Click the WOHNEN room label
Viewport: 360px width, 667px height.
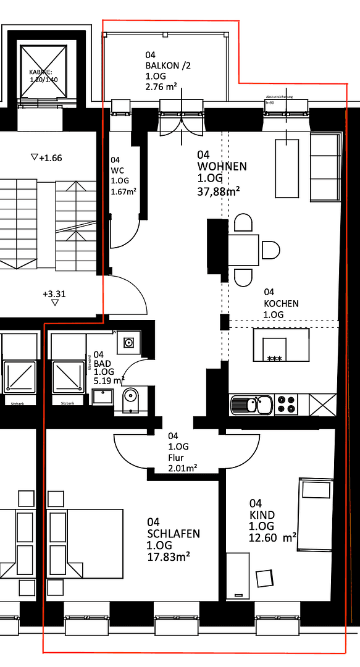point(222,166)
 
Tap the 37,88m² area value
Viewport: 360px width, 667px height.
point(219,191)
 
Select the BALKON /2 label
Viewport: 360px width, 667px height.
point(165,65)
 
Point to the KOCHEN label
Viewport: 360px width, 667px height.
point(281,303)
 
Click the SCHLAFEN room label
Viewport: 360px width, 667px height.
point(173,534)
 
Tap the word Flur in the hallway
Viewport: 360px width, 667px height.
point(176,458)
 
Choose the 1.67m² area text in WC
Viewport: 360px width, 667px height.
point(123,191)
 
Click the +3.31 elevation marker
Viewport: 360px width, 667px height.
point(54,294)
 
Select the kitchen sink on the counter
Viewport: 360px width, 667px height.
point(251,405)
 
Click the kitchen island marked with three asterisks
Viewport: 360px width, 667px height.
point(281,346)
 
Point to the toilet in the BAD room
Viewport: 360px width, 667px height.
point(130,398)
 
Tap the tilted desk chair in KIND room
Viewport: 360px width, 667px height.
point(265,577)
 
